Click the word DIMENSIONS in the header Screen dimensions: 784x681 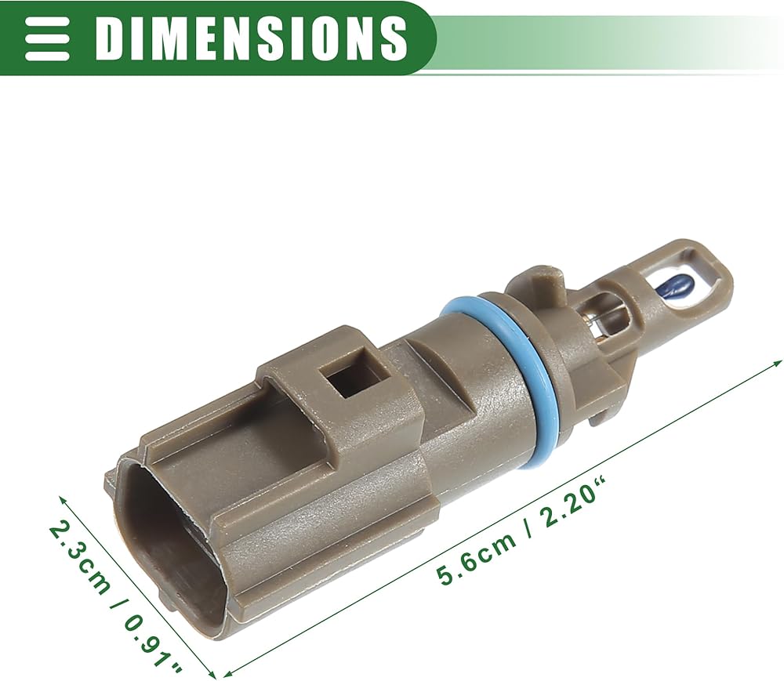[250, 38]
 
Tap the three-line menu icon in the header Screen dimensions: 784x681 [47, 38]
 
